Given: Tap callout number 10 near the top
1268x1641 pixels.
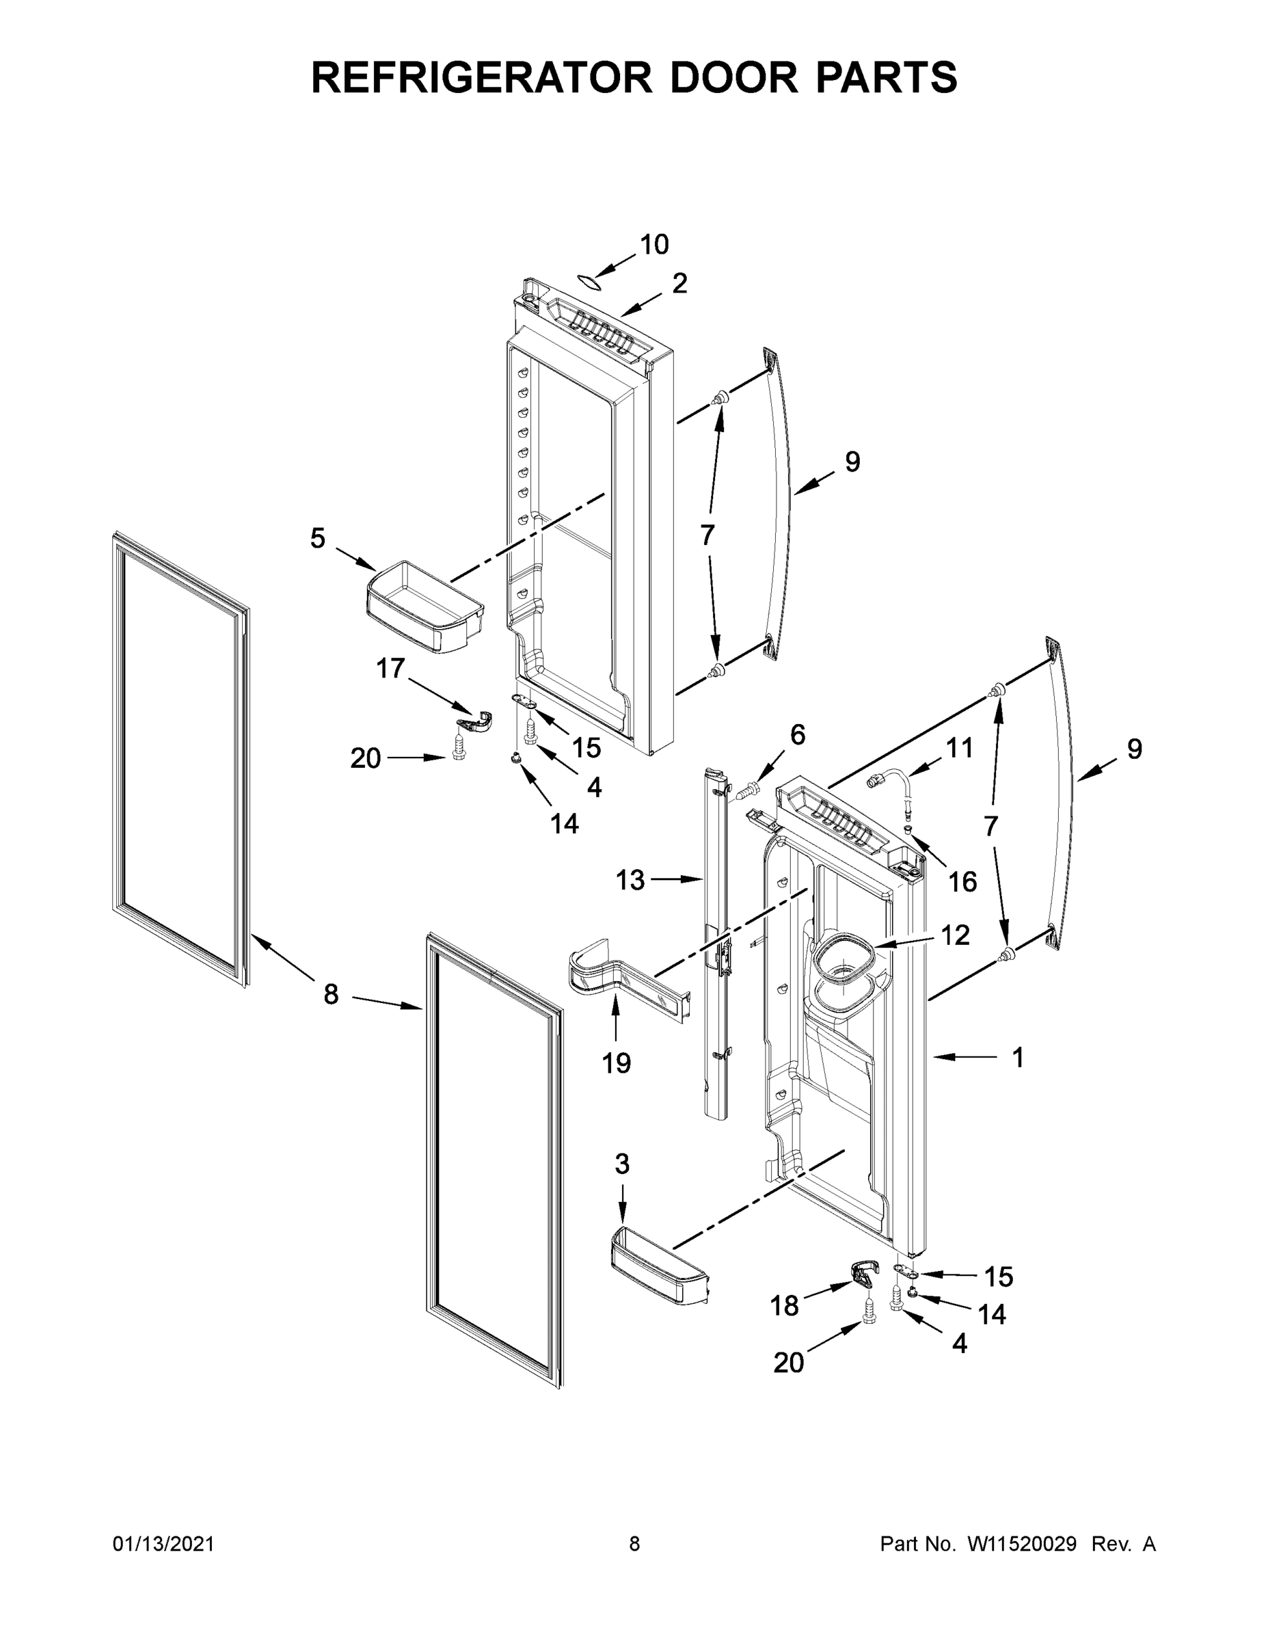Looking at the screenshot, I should (653, 244).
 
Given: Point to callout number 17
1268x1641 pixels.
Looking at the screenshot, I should (390, 668).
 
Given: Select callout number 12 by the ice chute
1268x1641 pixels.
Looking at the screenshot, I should (955, 935).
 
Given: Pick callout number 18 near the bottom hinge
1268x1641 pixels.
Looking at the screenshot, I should (784, 1306).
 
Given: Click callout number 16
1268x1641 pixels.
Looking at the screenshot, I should (962, 881).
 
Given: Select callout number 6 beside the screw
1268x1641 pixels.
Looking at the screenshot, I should (797, 735).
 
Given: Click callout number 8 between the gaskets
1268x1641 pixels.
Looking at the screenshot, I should (331, 994).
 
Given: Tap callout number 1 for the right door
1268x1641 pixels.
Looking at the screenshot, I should (1017, 1058).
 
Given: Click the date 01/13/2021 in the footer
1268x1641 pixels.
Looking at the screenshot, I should (163, 1544).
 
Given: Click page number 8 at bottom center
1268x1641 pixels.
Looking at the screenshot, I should (634, 1544).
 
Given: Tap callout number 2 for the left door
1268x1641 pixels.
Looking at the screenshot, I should (679, 283).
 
